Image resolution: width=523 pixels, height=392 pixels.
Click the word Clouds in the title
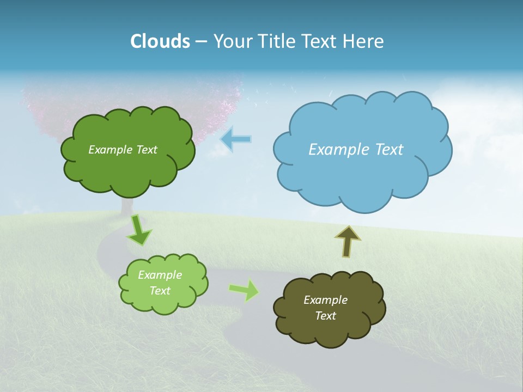coord(160,41)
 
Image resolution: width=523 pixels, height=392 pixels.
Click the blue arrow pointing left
coord(236,139)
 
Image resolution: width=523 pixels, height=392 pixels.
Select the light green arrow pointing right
coord(245,290)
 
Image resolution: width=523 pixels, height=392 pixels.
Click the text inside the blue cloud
coord(356,150)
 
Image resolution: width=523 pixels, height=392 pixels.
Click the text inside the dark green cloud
coord(123,150)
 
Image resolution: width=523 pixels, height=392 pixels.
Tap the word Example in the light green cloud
coord(160,275)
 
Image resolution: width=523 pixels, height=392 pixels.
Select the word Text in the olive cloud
coord(325,316)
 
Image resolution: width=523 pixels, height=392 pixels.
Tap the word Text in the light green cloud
coord(160,291)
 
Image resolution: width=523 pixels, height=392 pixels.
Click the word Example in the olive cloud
coord(325,300)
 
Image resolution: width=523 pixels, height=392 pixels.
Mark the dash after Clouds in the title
coord(201,41)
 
